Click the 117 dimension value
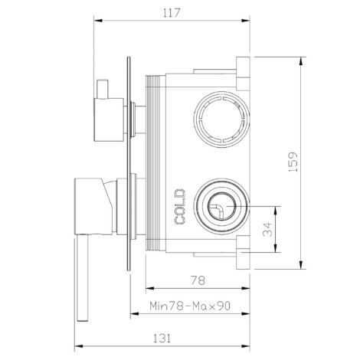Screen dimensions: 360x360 (172, 13)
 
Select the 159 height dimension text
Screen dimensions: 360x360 (293, 162)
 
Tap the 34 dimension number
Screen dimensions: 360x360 (268, 229)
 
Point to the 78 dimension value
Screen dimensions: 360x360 (198, 280)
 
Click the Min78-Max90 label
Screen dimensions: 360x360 (190, 306)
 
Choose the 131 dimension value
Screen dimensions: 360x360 (162, 339)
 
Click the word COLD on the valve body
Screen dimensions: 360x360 (180, 207)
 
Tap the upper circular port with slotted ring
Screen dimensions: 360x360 (221, 119)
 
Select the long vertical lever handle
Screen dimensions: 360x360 (82, 278)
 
